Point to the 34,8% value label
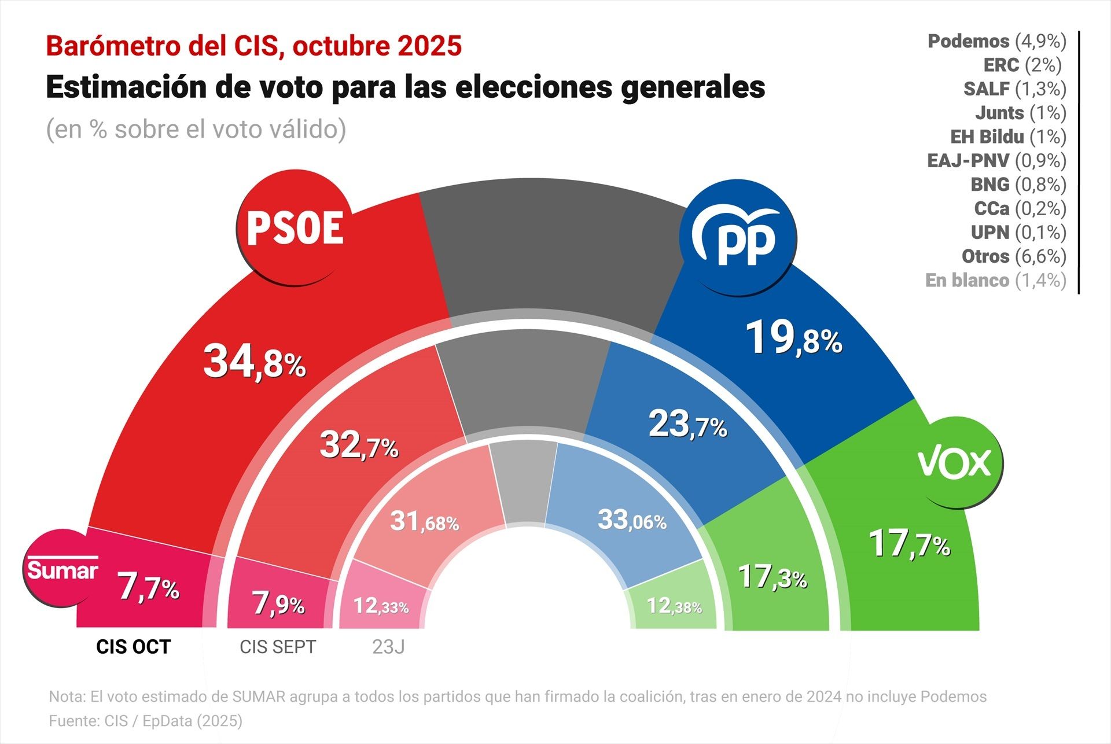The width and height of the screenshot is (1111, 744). [x=255, y=362]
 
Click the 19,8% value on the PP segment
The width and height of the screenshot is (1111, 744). [x=794, y=338]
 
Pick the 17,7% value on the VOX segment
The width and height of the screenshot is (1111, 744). [x=909, y=543]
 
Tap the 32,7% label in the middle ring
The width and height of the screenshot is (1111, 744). [x=359, y=445]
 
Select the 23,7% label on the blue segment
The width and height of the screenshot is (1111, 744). [x=687, y=424]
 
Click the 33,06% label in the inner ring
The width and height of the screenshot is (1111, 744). [x=632, y=520]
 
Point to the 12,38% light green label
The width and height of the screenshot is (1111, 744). [x=674, y=606]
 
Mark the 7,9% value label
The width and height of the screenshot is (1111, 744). [x=278, y=604]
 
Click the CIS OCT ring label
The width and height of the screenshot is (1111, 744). [x=133, y=647]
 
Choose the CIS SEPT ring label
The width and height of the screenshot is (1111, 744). [x=278, y=647]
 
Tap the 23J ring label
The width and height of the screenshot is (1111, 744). [x=388, y=647]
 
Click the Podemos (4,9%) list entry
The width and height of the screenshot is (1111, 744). [x=996, y=41]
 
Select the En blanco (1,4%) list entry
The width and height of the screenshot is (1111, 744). [x=995, y=281]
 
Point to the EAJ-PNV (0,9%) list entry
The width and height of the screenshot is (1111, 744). [x=996, y=161]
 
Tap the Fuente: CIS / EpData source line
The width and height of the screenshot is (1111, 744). [x=145, y=721]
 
